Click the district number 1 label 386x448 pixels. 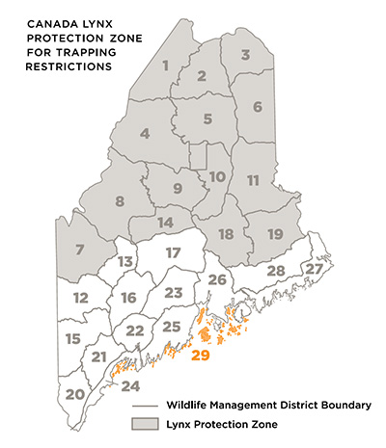(x=165, y=66)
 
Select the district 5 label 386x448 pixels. (x=207, y=120)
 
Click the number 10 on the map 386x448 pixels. (x=217, y=176)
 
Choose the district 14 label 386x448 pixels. (x=165, y=223)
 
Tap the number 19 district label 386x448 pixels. (x=273, y=234)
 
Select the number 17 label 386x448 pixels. (x=173, y=252)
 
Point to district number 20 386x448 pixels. (x=74, y=393)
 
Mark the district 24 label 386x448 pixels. (x=130, y=386)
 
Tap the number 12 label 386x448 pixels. (x=80, y=297)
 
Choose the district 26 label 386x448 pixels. (x=218, y=279)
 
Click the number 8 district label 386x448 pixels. (x=120, y=200)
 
